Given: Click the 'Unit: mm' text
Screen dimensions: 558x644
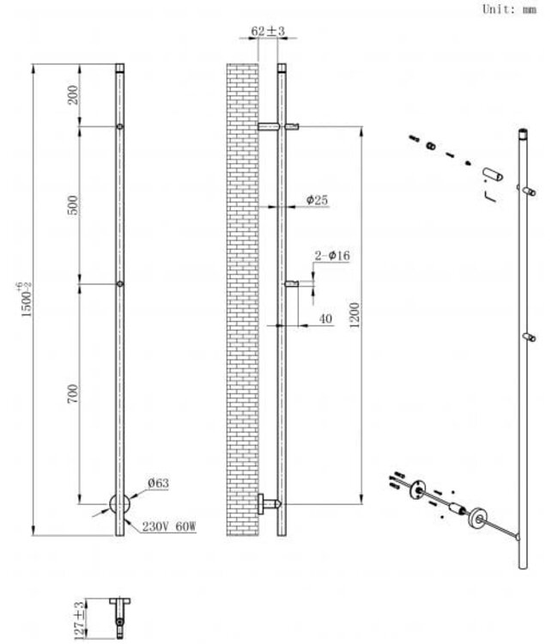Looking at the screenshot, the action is [x=511, y=10].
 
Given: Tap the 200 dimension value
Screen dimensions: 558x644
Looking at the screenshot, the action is [x=73, y=95].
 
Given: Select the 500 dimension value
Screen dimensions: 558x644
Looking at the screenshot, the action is [x=73, y=204].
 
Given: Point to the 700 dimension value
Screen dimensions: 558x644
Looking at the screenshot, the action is [x=73, y=394].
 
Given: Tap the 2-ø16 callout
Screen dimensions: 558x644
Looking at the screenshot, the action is [x=333, y=255].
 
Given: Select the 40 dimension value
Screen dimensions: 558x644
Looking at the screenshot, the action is [x=325, y=318].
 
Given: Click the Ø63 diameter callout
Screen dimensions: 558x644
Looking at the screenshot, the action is [x=158, y=483].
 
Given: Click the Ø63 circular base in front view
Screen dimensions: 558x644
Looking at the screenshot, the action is [x=120, y=505].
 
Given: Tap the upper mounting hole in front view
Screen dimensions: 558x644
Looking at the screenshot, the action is [x=120, y=128].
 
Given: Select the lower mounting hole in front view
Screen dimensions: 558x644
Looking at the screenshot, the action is [x=120, y=283].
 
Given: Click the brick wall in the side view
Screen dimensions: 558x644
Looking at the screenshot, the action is [x=241, y=301].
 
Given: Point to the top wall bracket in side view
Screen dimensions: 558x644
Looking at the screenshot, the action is [x=278, y=127].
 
